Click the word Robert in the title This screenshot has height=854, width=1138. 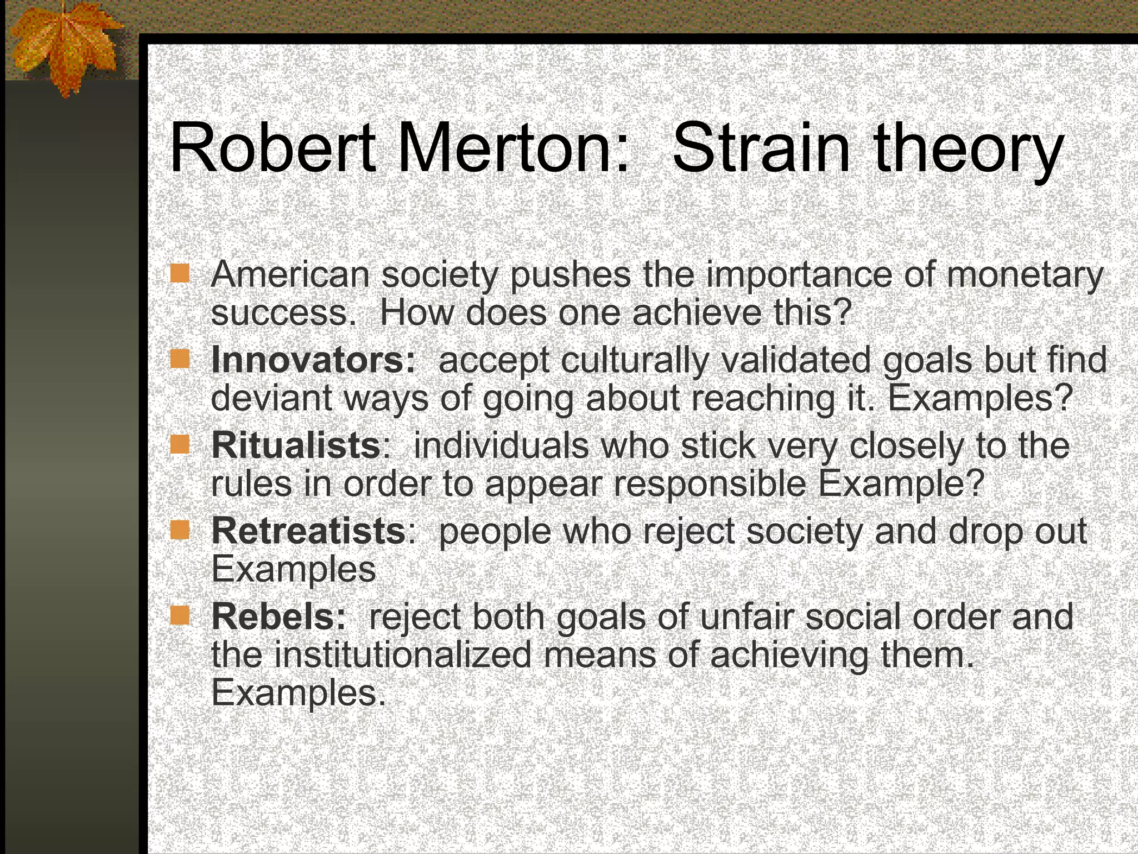click(272, 149)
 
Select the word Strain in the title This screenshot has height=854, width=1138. click(761, 149)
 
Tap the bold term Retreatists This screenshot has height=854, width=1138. click(308, 531)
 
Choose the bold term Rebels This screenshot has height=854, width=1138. click(278, 617)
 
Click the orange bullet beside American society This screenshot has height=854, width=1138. click(180, 274)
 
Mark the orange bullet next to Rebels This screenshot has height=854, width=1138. click(180, 615)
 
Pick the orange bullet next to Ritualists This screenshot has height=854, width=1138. click(180, 445)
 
